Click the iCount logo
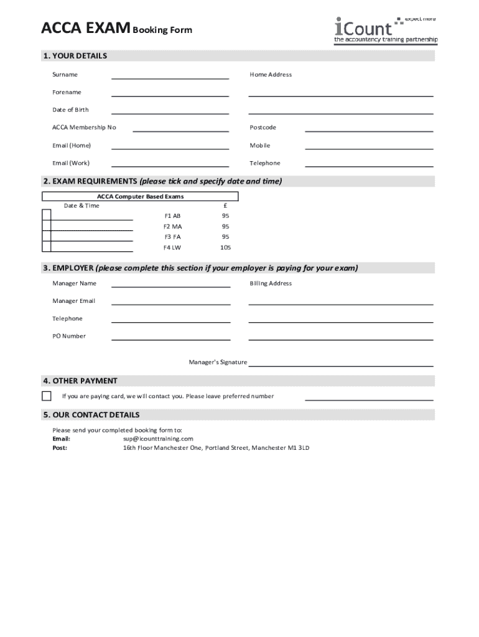tap(386, 30)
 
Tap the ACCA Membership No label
tap(84, 128)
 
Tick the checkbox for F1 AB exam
tap(47, 215)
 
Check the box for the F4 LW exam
tap(47, 246)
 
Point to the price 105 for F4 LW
tap(225, 248)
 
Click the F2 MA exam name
tap(173, 226)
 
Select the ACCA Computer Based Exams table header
tap(140, 197)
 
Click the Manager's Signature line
tap(340, 365)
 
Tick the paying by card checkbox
tap(47, 396)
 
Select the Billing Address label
tap(271, 284)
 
